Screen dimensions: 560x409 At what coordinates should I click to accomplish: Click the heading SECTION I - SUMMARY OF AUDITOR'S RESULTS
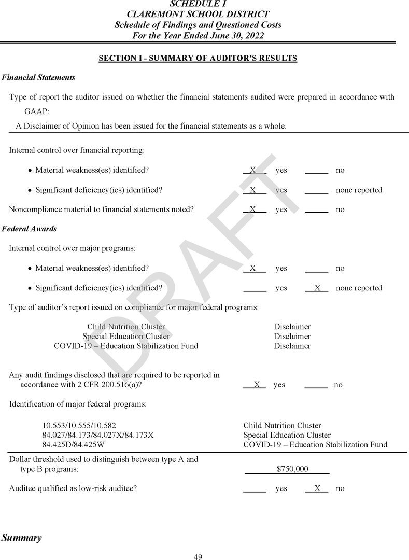click(x=198, y=58)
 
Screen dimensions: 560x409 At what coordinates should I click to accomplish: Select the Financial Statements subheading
click(x=38, y=78)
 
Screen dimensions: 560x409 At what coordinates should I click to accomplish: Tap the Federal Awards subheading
click(x=29, y=229)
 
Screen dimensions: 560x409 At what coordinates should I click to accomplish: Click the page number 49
click(x=198, y=557)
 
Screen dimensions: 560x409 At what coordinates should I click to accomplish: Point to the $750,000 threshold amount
click(x=292, y=469)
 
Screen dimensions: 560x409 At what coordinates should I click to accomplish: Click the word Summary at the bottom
click(x=21, y=538)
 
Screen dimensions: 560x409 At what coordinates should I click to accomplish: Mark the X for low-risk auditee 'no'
click(x=317, y=488)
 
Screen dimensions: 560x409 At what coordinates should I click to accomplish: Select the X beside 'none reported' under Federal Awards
click(x=317, y=288)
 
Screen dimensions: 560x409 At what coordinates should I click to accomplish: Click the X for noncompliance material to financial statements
click(x=253, y=209)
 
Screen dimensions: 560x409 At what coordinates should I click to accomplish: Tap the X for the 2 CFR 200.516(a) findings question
click(x=256, y=385)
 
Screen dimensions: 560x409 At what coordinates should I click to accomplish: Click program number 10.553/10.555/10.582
click(x=79, y=426)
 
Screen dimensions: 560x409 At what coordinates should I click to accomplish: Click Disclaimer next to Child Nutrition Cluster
click(x=292, y=327)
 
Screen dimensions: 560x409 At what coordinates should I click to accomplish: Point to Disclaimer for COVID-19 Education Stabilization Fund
click(x=292, y=346)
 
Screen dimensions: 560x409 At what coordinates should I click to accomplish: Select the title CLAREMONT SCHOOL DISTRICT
click(x=198, y=15)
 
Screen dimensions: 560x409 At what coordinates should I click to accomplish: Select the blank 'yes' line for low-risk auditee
click(x=255, y=488)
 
